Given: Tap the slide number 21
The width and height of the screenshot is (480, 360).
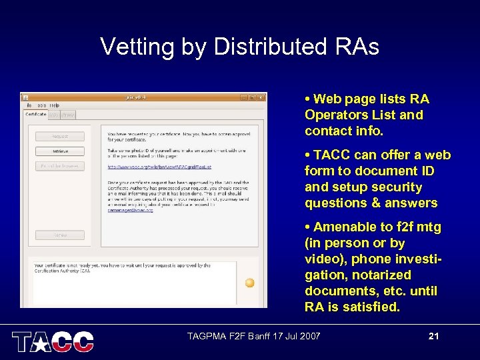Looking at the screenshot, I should (433, 337).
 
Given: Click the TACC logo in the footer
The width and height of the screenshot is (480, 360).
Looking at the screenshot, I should (53, 341).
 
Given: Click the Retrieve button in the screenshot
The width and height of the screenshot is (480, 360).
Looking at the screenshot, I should (60, 151).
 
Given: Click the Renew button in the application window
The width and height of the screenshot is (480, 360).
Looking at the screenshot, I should (60, 235).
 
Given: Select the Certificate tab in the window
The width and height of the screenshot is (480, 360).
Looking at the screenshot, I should (35, 115).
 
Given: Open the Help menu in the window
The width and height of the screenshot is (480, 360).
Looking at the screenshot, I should (55, 105).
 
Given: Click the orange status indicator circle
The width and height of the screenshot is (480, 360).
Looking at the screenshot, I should (249, 283).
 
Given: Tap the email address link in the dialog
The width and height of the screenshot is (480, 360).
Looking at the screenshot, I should (131, 209).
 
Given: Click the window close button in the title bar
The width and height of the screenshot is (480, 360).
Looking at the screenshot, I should (261, 97).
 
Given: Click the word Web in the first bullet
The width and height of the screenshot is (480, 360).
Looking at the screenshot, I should (327, 99).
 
